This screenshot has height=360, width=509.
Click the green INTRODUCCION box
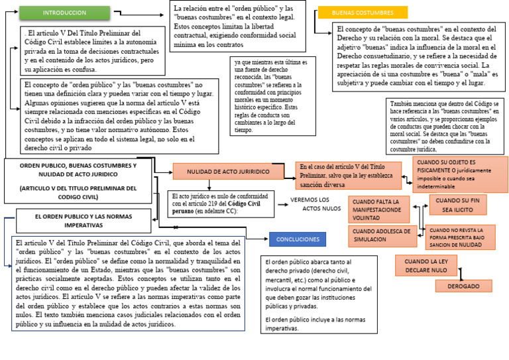(64, 13)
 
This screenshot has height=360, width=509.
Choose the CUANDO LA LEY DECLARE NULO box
(426, 265)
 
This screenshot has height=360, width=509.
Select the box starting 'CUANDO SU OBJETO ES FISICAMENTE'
(460, 174)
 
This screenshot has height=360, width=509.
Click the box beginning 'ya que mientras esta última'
(272, 96)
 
